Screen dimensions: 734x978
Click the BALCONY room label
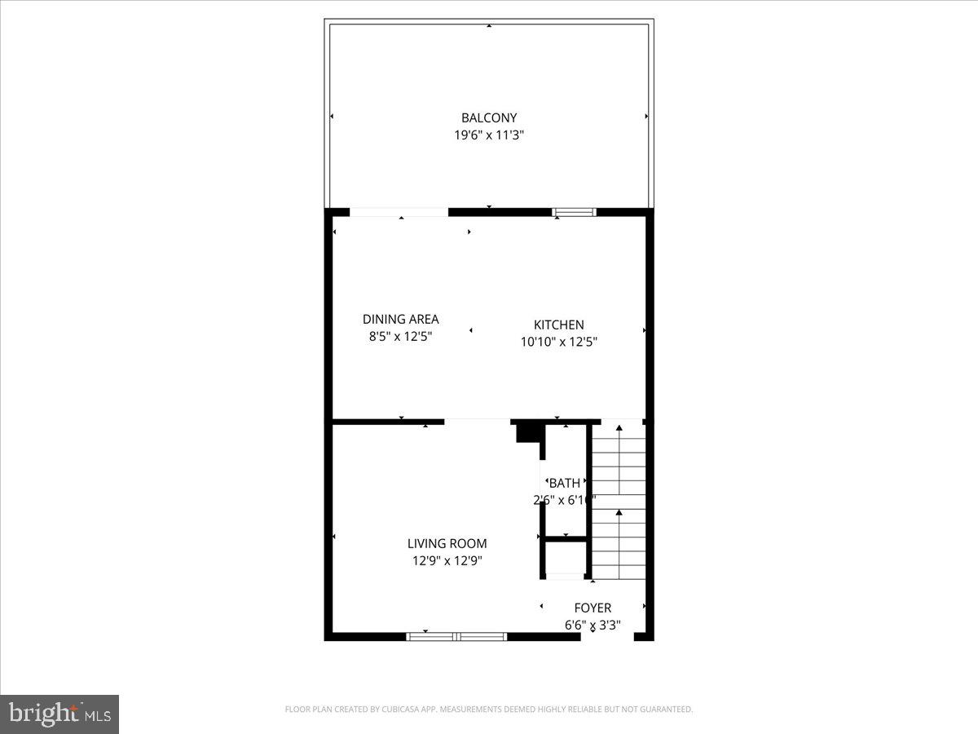coord(489,118)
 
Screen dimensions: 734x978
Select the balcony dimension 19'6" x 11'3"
coord(489,135)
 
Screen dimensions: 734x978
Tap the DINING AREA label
coord(400,319)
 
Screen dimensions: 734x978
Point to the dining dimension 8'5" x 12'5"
coord(400,336)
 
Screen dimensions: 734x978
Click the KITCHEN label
coord(558,325)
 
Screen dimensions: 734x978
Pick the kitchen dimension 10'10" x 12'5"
coord(558,343)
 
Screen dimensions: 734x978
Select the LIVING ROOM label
coord(447,543)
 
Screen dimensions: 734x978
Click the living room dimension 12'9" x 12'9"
coord(447,560)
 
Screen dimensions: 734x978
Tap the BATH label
coord(565,483)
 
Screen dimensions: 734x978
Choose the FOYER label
coord(593,608)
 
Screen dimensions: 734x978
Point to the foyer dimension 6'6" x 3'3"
coord(593,626)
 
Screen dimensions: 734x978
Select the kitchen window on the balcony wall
coord(574,212)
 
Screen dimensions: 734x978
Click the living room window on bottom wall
coord(456,636)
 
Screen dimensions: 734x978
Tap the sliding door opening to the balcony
coord(399,212)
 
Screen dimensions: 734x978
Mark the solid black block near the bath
coord(528,431)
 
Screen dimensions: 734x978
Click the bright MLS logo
coord(59,714)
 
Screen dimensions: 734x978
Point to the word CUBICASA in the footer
coord(400,710)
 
